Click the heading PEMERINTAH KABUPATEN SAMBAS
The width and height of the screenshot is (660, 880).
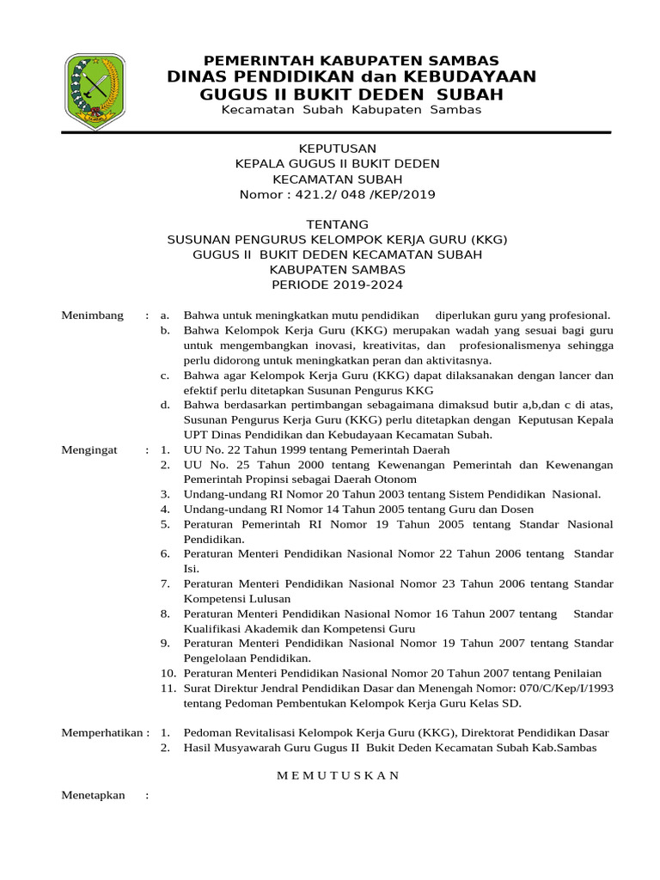point(350,60)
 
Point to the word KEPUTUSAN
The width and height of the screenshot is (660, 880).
point(337,148)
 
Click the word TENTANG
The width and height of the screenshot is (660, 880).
point(337,224)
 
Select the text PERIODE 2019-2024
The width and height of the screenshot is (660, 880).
point(337,285)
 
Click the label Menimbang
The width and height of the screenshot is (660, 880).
point(93,315)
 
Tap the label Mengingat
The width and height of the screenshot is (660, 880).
point(92,449)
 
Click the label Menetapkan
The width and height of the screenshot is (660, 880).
point(94,795)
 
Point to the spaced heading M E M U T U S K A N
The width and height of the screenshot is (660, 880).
point(337,775)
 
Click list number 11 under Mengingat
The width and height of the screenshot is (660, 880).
point(168,688)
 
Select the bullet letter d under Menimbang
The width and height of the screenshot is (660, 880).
point(165,404)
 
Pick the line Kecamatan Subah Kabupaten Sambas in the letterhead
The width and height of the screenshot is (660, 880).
point(351,111)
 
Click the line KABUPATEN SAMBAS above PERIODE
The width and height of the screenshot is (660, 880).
point(337,270)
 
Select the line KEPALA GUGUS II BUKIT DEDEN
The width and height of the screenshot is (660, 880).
point(337,163)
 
